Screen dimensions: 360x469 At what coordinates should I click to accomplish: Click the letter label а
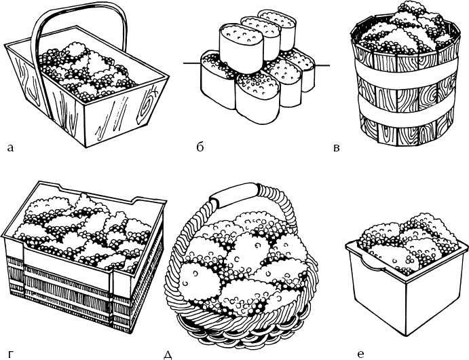point(9,145)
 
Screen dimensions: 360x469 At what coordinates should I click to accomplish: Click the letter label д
point(167,354)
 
